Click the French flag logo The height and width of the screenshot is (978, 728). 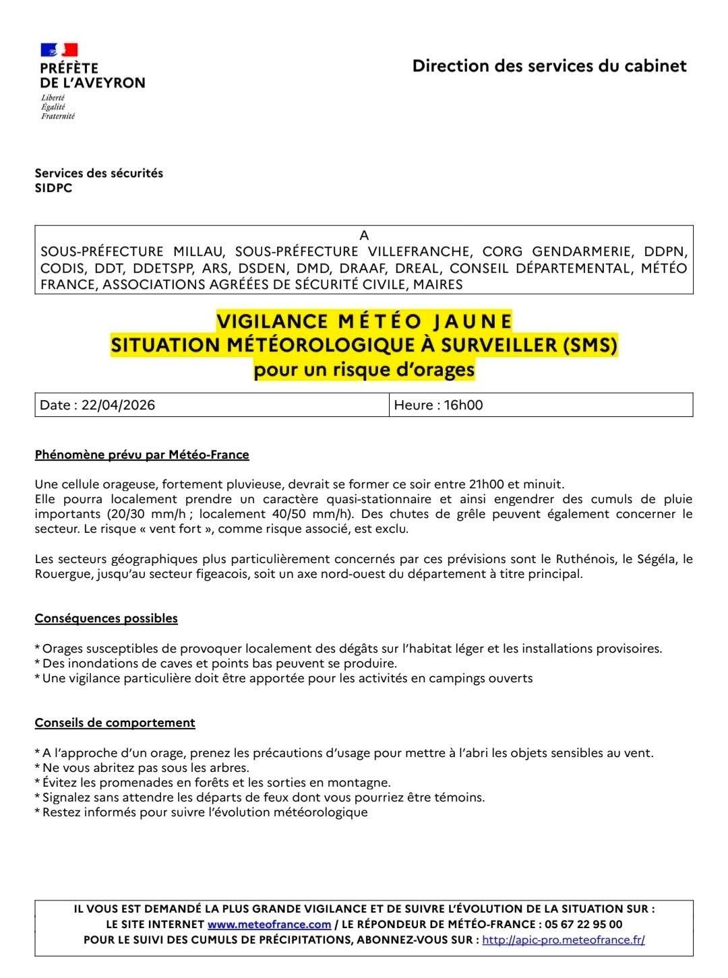point(59,50)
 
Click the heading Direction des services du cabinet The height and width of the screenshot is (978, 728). point(549,66)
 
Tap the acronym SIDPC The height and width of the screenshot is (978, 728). point(53,189)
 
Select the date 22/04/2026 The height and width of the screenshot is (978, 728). point(118,405)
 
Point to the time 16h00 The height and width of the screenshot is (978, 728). point(463,405)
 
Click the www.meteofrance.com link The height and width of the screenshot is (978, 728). point(269,924)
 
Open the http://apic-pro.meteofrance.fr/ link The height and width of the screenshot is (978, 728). point(564,940)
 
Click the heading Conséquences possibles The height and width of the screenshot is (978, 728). point(106,618)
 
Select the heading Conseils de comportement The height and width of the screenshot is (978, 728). point(115,723)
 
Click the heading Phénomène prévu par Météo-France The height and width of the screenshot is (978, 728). point(142,455)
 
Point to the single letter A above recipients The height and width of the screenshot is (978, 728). point(364,236)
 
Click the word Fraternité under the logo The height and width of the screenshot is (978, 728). point(57,116)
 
